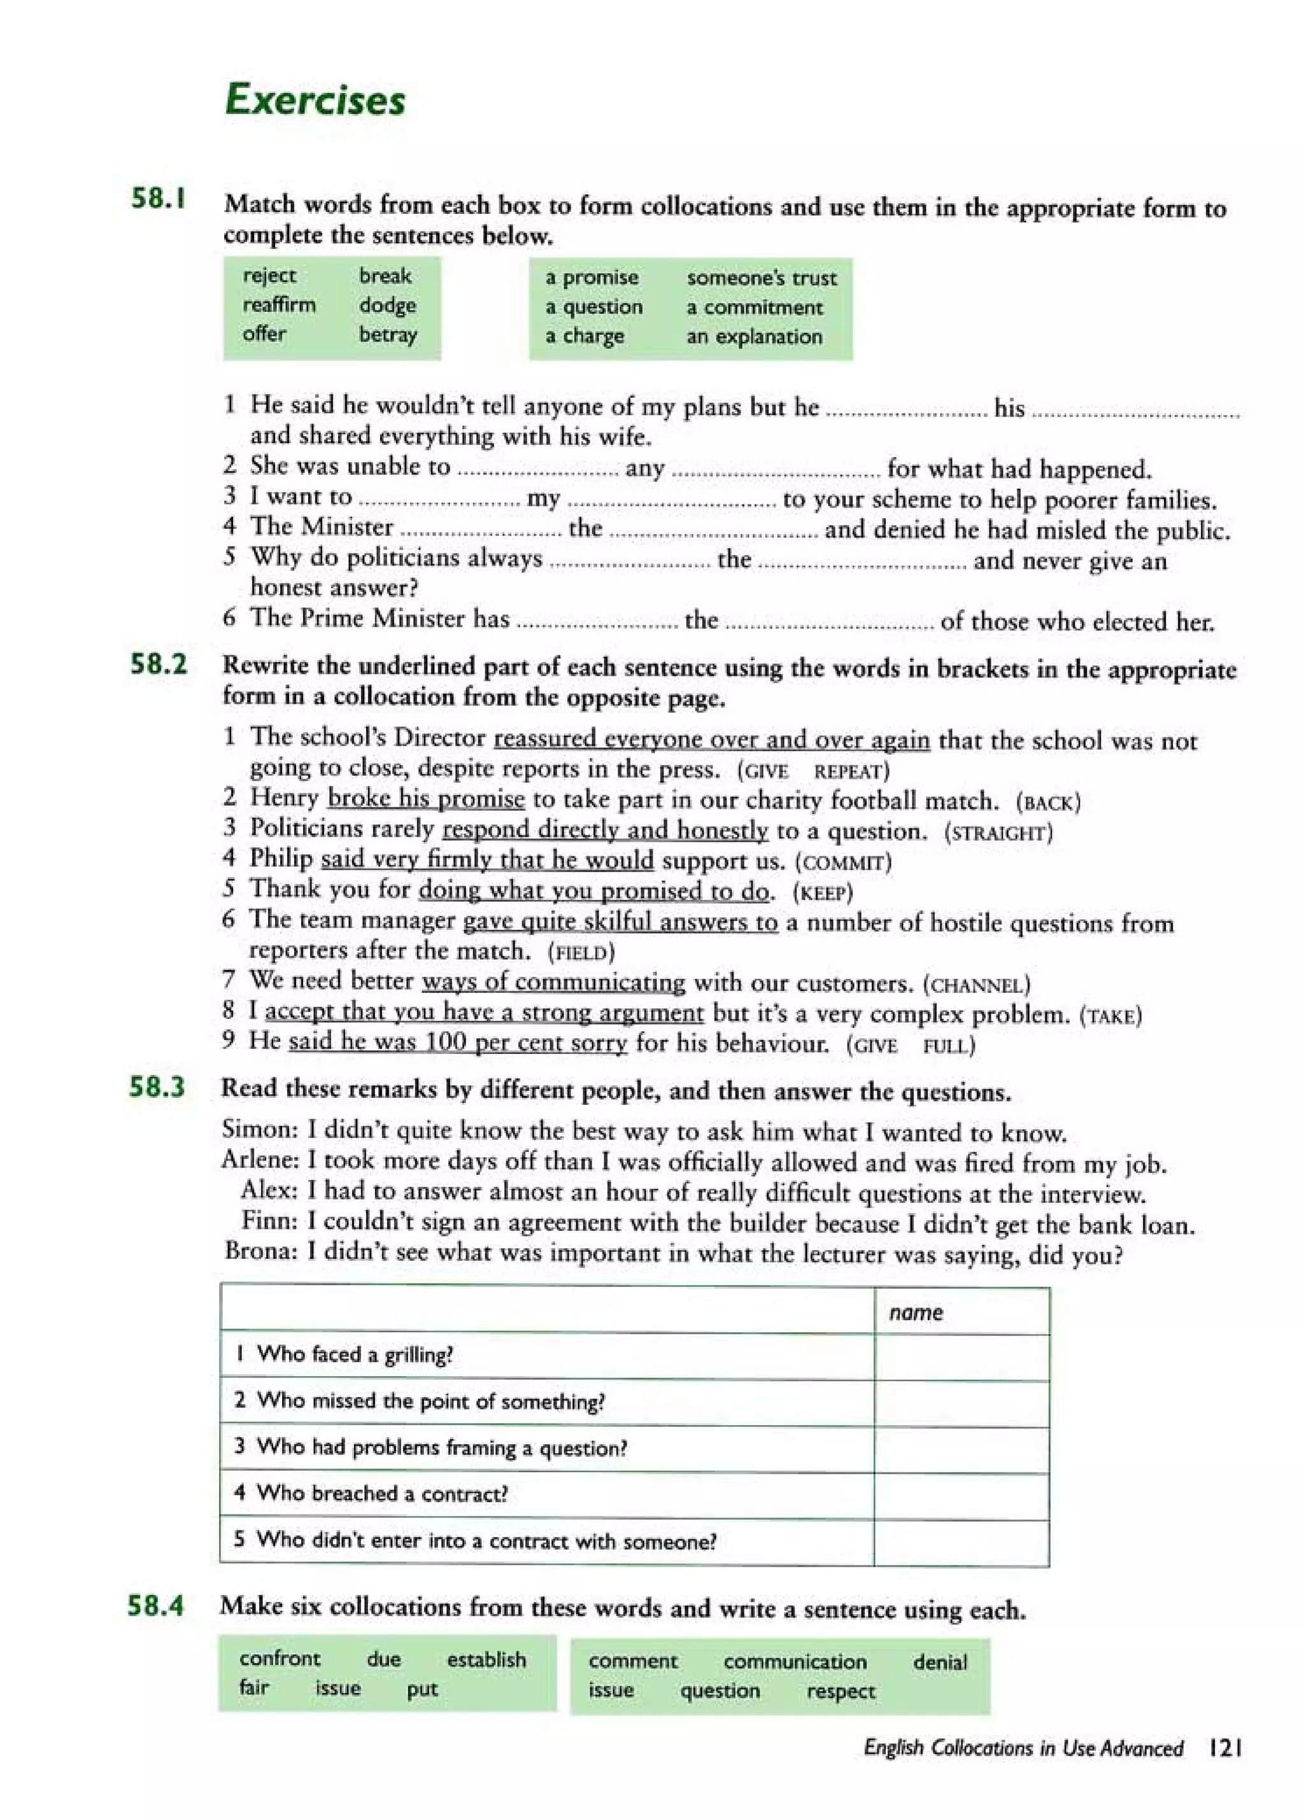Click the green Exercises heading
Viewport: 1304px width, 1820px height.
tap(315, 101)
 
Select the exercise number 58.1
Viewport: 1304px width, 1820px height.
tap(159, 198)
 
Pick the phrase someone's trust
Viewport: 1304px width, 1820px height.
tap(761, 278)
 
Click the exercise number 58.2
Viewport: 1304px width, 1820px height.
tap(159, 664)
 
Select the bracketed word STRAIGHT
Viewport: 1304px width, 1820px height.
tap(998, 833)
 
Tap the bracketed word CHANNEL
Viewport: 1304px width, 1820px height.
tap(977, 985)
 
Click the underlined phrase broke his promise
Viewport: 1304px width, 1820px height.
tap(426, 799)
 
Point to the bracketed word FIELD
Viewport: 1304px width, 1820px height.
tap(581, 953)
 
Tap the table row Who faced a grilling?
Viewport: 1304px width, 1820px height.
tap(355, 1354)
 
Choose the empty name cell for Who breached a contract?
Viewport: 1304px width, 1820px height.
tap(961, 1493)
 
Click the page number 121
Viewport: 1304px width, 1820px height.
tap(1224, 1748)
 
